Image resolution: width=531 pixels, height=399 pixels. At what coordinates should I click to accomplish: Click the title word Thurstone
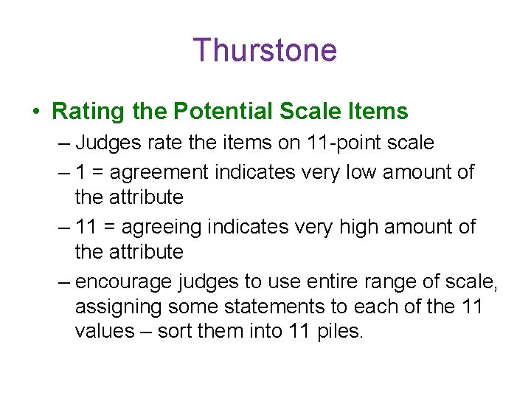[x=265, y=50]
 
